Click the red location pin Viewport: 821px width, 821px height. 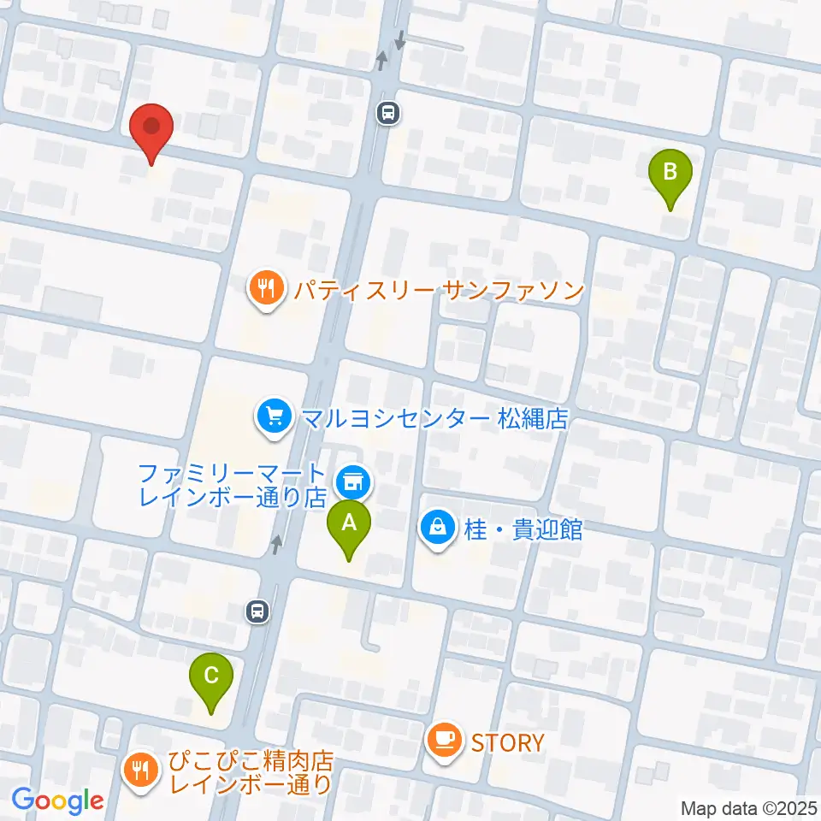tap(152, 130)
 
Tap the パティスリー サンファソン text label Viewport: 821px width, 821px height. tap(438, 290)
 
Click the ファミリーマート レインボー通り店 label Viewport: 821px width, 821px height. tap(233, 485)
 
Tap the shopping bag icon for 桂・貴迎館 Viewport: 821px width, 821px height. tap(437, 529)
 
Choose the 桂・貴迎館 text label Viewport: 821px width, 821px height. tap(523, 529)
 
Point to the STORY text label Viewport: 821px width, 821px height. tap(507, 741)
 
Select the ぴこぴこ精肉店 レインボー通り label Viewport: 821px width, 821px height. tap(250, 772)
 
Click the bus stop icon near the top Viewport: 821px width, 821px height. tap(389, 112)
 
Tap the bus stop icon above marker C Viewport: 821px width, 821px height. tap(257, 611)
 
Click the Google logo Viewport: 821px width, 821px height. tap(58, 800)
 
